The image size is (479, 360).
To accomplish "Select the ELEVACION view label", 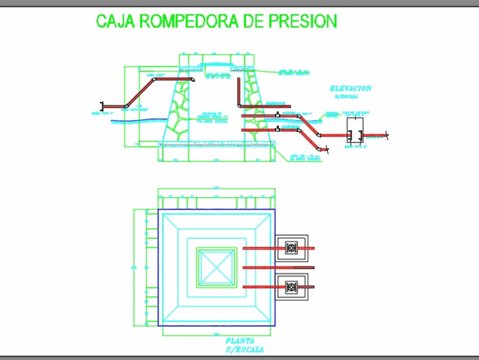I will coord(350,88).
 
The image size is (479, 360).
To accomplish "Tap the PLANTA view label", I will coord(239,340).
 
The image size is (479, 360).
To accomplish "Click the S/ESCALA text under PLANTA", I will coord(244,349).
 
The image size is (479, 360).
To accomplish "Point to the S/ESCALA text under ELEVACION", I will coord(349,96).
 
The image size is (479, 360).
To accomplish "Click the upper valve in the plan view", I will coord(291,248).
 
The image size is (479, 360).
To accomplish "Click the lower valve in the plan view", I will coord(291,287).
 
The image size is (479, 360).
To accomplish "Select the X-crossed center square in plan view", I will coord(217,267).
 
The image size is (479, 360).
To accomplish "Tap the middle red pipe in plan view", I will coord(278,267).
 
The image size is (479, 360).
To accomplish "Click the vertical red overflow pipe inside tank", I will coord(238,91).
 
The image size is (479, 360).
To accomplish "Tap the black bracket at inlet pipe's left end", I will coord(101,106).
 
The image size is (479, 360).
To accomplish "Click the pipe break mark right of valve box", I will coord(386,136).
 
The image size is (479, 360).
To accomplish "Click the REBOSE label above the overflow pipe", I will coord(276,103).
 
